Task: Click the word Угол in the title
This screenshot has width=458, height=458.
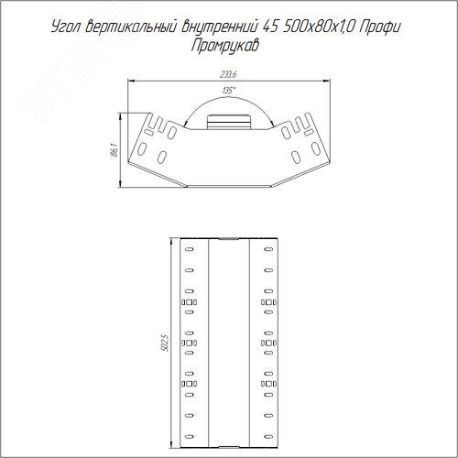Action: [66, 27]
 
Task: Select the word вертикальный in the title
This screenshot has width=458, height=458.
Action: [131, 27]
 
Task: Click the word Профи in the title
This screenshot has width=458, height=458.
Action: [380, 27]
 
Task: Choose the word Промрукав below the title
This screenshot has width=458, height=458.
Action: [225, 46]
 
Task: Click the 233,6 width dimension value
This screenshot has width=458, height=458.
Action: [228, 74]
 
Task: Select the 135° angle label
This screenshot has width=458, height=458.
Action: [229, 91]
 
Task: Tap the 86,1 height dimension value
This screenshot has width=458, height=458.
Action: [114, 150]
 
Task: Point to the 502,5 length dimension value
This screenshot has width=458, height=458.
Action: [165, 343]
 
